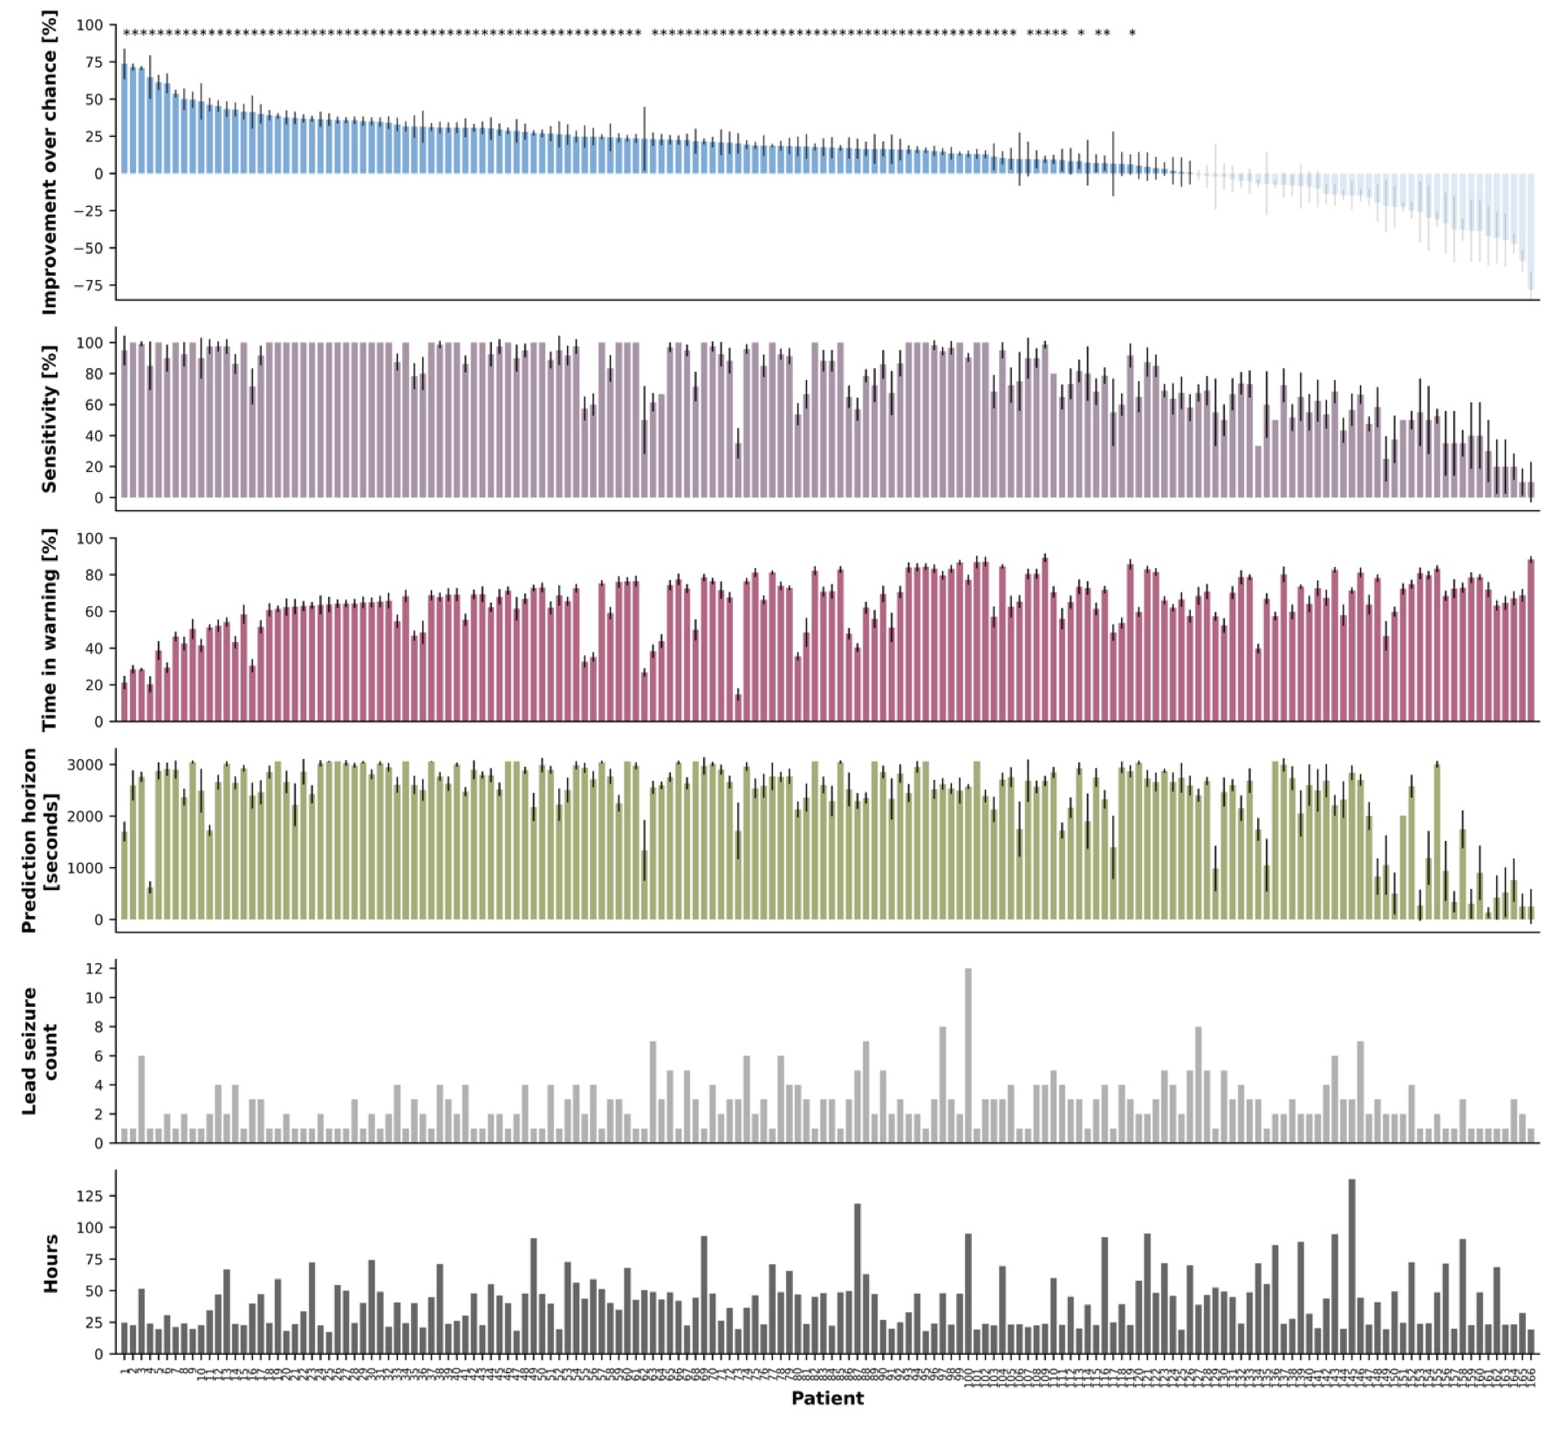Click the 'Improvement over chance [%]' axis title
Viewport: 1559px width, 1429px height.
pos(49,163)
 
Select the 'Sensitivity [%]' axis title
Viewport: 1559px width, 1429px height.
pos(49,419)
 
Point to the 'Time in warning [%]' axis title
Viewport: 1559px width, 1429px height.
pos(49,629)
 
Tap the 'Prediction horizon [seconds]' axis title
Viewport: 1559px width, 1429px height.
pos(39,840)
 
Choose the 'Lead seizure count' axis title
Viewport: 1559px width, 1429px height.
pos(39,1050)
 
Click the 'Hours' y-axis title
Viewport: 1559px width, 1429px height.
pos(51,1263)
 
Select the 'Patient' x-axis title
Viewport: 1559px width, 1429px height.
pos(827,1398)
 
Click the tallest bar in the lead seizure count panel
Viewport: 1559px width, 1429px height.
pos(968,1056)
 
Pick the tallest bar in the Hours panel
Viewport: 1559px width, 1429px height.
pos(1351,1266)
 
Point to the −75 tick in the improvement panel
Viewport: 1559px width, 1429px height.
pos(89,285)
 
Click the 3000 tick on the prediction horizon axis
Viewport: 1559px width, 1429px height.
pos(87,765)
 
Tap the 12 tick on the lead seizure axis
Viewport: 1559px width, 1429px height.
pos(94,968)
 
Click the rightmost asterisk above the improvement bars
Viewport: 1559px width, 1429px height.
pos(1132,35)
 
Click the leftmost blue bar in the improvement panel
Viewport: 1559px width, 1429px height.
pos(125,118)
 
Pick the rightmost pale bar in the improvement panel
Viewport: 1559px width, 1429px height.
pos(1531,231)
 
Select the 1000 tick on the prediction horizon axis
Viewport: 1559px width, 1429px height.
pos(87,868)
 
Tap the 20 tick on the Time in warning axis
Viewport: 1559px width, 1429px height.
pos(93,685)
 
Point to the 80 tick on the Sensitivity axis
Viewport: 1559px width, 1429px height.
pos(93,374)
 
